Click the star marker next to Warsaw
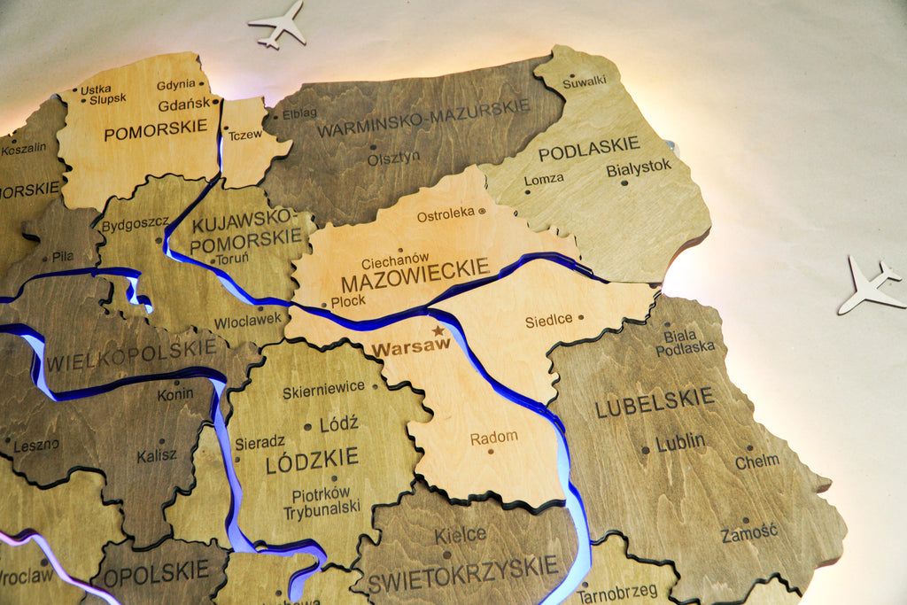pyautogui.click(x=438, y=330)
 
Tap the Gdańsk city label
pyautogui.click(x=184, y=105)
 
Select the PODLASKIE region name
pyautogui.click(x=588, y=148)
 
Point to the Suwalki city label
pyautogui.click(x=585, y=81)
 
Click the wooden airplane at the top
pyautogui.click(x=279, y=24)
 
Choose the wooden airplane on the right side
pyautogui.click(x=870, y=285)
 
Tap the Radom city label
pyautogui.click(x=493, y=438)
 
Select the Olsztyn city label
pyautogui.click(x=393, y=158)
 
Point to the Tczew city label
pyautogui.click(x=244, y=136)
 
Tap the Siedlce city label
pyautogui.click(x=548, y=321)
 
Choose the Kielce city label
pyautogui.click(x=460, y=535)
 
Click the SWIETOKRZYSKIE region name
pyautogui.click(x=462, y=572)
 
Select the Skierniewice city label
pyautogui.click(x=323, y=388)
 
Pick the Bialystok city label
pyautogui.click(x=639, y=167)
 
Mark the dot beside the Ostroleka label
pyautogui.click(x=482, y=212)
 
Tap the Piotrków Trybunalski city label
pyautogui.click(x=322, y=501)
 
